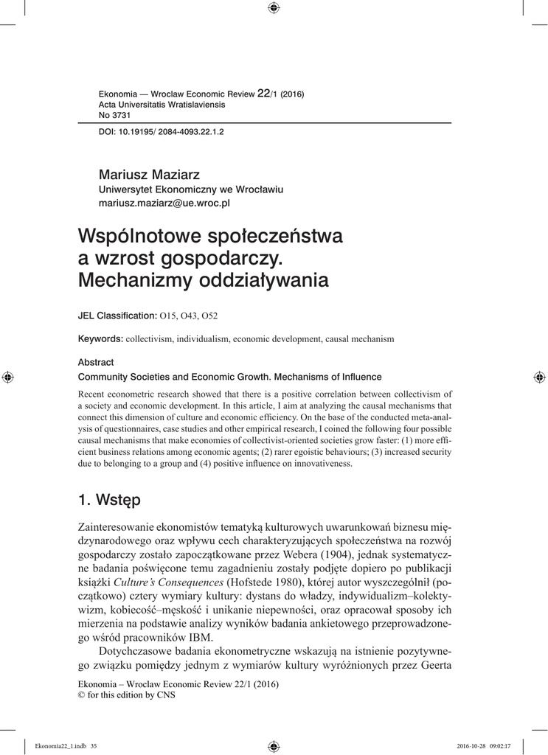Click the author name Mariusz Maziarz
(144, 174)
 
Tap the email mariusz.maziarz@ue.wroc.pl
(164, 201)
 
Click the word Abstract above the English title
(96, 362)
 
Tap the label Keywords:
(100, 338)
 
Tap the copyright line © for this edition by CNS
(126, 695)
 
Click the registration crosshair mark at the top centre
(274, 8)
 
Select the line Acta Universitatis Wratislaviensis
(162, 105)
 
